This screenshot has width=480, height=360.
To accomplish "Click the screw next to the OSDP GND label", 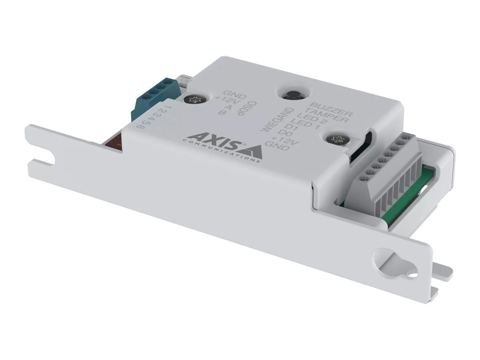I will tap(193, 99).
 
